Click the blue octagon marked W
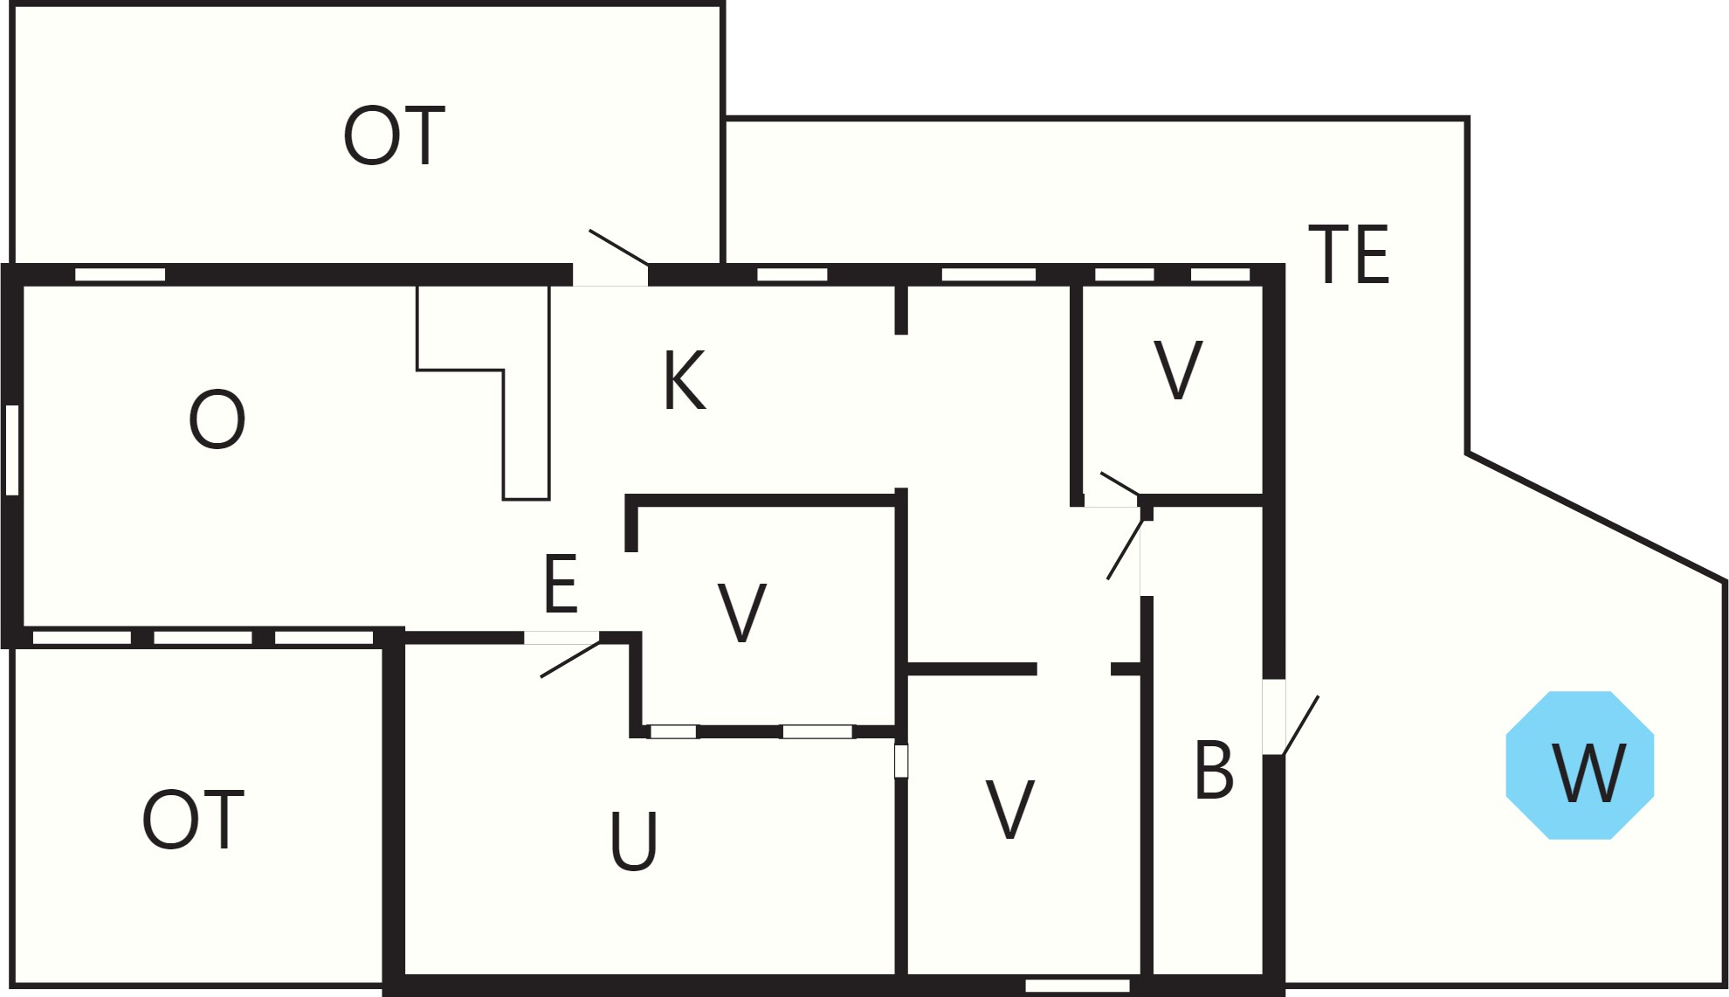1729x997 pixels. pyautogui.click(x=1580, y=765)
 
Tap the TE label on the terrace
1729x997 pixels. pyautogui.click(x=1349, y=254)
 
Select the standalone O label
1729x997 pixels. pyautogui.click(x=217, y=419)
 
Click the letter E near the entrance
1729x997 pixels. pyautogui.click(x=561, y=584)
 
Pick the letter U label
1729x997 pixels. pyautogui.click(x=633, y=841)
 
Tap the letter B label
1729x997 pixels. pyautogui.click(x=1214, y=770)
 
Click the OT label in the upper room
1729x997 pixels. pyautogui.click(x=394, y=135)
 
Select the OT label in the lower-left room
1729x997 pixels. pyautogui.click(x=193, y=820)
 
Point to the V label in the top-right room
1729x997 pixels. pyautogui.click(x=1178, y=370)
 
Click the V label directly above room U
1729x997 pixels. pyautogui.click(x=742, y=613)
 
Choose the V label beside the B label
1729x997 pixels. pyautogui.click(x=1010, y=809)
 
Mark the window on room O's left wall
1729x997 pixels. pyautogui.click(x=12, y=450)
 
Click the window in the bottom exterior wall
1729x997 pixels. pyautogui.click(x=1078, y=986)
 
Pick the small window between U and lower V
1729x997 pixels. pyautogui.click(x=901, y=761)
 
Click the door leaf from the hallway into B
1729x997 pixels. pyautogui.click(x=1125, y=550)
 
